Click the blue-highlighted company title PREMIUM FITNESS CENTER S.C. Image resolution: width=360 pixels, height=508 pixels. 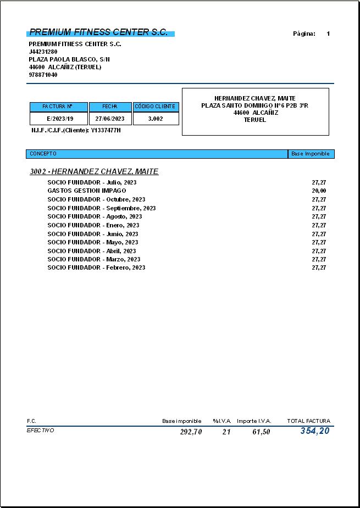[99, 32]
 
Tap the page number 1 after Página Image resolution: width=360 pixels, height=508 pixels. [328, 34]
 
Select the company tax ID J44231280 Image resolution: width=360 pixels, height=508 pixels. [43, 52]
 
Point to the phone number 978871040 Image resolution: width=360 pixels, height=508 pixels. [43, 75]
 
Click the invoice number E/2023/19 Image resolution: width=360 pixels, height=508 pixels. [60, 119]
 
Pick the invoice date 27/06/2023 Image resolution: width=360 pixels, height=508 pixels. [110, 119]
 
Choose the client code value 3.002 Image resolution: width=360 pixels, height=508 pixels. [156, 119]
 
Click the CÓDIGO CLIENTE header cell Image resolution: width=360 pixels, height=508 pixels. [156, 107]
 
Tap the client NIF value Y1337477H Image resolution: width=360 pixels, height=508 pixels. [106, 130]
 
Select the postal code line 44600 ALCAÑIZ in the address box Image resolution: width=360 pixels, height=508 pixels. [255, 113]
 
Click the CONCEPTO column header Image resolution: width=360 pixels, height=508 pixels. [43, 154]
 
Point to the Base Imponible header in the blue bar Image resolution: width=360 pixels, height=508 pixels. [311, 154]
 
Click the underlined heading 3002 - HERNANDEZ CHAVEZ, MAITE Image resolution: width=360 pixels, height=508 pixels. [94, 172]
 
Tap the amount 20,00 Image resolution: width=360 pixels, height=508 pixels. [319, 191]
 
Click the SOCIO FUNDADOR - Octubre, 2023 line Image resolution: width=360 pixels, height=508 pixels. [96, 199]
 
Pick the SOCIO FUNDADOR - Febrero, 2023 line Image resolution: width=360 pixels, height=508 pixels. [96, 267]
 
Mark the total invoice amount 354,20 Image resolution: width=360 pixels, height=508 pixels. [314, 431]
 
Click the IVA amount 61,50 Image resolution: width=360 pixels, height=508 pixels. [261, 432]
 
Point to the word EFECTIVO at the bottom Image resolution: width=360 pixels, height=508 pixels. [41, 431]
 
